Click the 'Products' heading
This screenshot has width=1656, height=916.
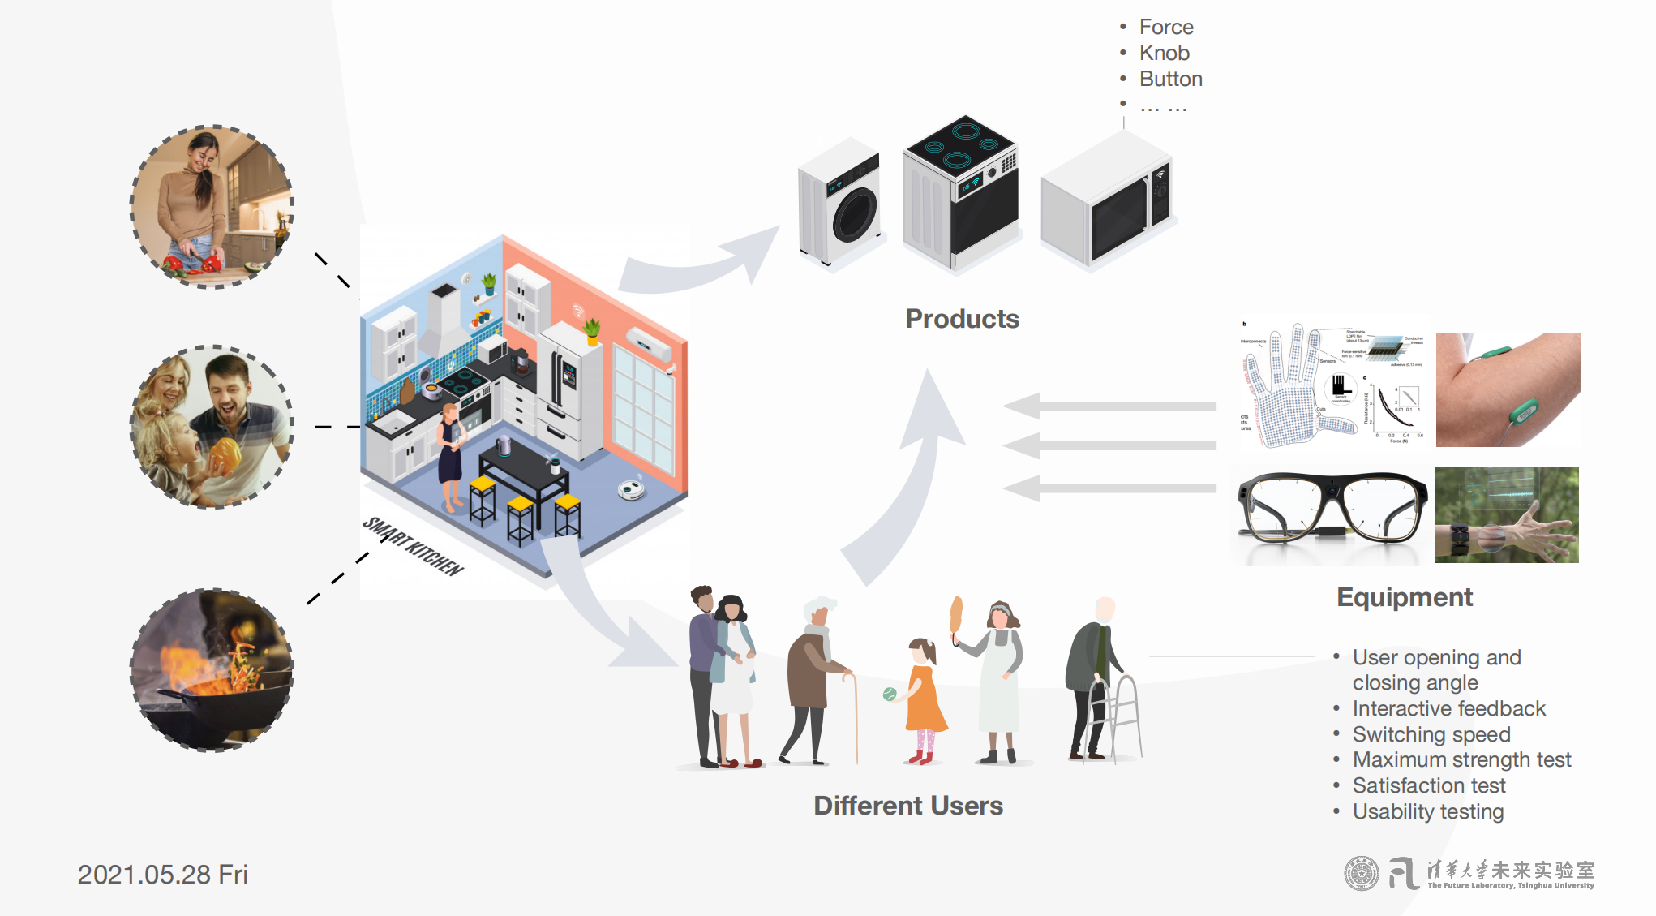[x=962, y=319]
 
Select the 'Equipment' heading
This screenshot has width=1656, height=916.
[x=1404, y=597]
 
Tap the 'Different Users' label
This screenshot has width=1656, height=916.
[x=908, y=806]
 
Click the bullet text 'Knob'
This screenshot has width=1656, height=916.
[x=1164, y=54]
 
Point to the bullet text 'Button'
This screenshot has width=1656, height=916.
[x=1170, y=80]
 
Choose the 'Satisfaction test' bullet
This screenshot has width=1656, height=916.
[x=1428, y=785]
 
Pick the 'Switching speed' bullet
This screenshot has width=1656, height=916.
[x=1431, y=734]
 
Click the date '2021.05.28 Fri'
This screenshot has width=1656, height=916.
[x=162, y=875]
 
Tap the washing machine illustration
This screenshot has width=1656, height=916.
[x=840, y=203]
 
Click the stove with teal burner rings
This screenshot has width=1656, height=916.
[x=961, y=191]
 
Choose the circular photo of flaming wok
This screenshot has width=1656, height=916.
[x=212, y=669]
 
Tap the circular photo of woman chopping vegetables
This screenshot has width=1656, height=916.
[x=212, y=206]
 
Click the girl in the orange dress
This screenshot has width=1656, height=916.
[x=925, y=702]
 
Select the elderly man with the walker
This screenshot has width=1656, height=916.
[x=1099, y=682]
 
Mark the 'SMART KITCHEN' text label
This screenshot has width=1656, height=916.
[x=413, y=547]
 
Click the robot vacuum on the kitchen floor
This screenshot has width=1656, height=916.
[x=631, y=489]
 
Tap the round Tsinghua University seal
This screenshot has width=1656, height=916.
[x=1361, y=874]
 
